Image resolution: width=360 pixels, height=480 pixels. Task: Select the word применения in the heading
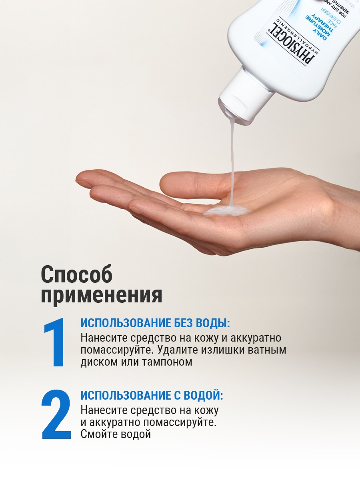102,295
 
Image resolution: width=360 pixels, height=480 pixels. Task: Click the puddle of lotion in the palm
226,210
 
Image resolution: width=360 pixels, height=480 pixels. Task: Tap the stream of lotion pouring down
232,160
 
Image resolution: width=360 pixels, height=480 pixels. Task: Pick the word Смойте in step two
98,434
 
